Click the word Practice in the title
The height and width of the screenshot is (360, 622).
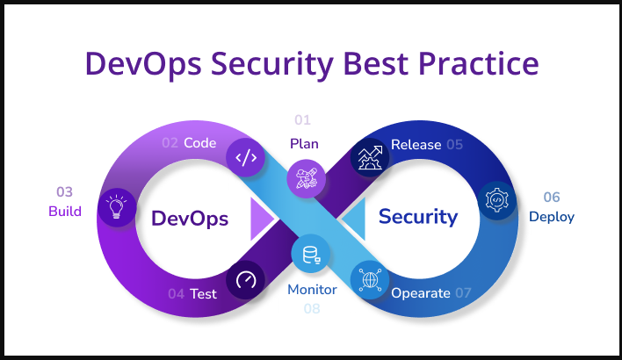(479, 63)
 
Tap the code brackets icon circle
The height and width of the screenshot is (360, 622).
(246, 157)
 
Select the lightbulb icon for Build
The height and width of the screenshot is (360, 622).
(117, 207)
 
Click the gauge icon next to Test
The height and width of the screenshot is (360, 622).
(245, 280)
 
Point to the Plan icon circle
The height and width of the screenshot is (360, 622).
(307, 178)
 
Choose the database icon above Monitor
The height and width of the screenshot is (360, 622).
(311, 254)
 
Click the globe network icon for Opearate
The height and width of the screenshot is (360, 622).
(370, 280)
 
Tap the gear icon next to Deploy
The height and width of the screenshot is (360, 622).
(496, 200)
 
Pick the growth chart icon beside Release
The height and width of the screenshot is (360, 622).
(370, 157)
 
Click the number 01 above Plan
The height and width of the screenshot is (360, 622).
(303, 119)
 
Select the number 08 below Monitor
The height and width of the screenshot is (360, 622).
(312, 308)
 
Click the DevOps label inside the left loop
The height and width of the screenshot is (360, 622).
(190, 219)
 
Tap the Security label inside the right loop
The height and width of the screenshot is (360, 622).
(418, 217)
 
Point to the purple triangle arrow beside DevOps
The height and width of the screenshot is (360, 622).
(260, 219)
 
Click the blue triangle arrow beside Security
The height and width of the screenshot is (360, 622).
(355, 219)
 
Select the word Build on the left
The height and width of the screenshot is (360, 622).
(65, 212)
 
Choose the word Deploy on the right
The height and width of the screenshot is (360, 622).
(552, 217)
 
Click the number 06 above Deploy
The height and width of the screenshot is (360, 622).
(552, 197)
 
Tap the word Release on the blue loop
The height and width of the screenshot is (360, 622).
(416, 145)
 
